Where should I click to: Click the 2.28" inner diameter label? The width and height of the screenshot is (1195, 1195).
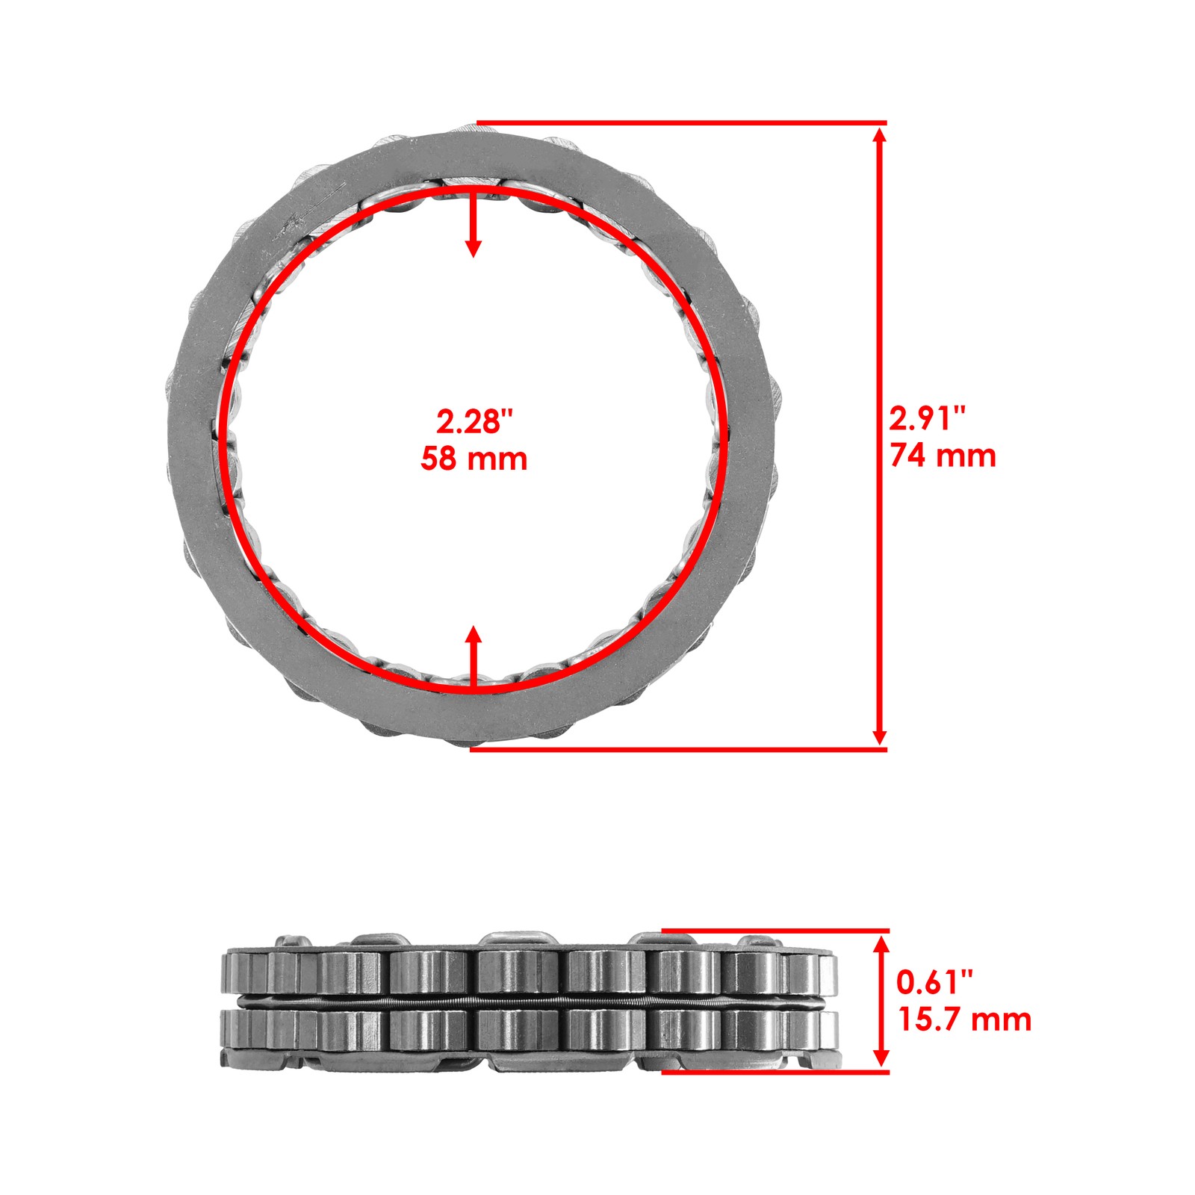point(475,422)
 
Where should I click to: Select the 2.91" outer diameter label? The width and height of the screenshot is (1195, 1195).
point(927,419)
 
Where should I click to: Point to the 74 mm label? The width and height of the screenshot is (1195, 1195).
point(943,456)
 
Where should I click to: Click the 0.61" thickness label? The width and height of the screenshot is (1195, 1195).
point(934,982)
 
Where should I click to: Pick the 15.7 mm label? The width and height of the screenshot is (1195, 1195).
point(964,1019)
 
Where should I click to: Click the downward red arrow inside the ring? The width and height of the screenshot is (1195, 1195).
point(473,224)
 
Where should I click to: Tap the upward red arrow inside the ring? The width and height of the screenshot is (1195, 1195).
point(473,657)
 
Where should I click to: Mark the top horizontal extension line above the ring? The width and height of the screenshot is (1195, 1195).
point(680,122)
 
